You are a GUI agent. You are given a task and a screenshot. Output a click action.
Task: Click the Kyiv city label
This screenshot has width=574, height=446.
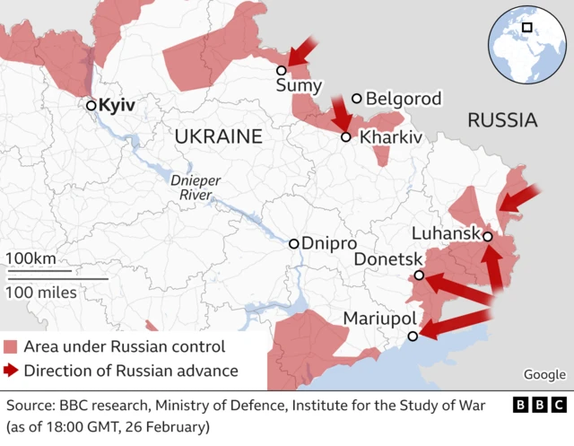[117, 106]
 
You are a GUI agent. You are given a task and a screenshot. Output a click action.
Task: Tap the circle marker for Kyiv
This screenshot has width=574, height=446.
[91, 106]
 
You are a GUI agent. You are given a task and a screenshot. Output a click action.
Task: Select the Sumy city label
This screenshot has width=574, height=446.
[292, 87]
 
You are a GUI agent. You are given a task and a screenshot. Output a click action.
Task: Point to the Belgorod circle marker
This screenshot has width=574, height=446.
[357, 99]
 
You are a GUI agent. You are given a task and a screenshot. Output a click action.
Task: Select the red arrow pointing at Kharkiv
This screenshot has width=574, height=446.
[341, 113]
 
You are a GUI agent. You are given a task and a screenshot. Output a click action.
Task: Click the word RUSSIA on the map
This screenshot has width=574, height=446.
[502, 119]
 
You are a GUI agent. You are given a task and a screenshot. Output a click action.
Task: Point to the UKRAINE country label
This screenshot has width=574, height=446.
[218, 136]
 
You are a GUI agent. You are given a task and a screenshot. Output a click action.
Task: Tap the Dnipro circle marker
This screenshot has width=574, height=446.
[294, 243]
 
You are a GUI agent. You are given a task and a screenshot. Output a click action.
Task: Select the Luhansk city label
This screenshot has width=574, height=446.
[445, 234]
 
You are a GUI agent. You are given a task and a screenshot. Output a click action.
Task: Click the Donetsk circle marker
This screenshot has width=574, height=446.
[418, 276]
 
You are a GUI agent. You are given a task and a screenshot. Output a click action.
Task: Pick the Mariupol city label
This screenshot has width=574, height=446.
[379, 319]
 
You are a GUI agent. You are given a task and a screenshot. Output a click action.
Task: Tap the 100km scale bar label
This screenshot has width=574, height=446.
[30, 258]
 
